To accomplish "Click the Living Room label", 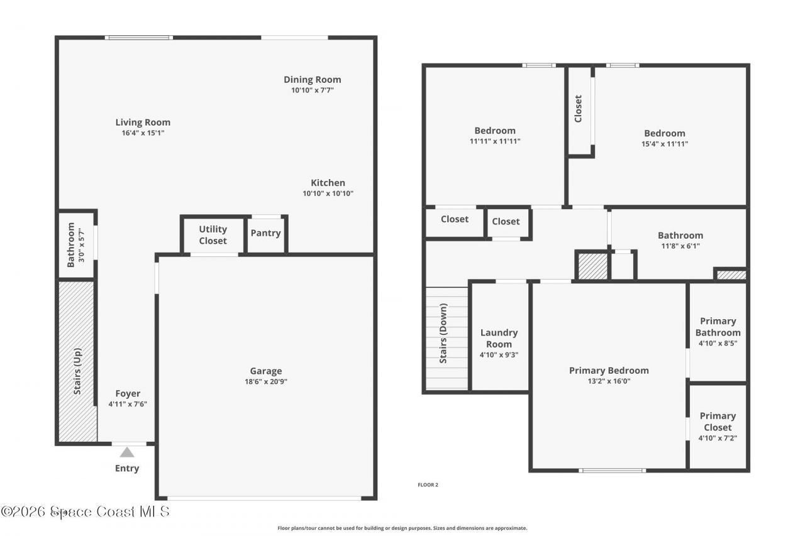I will (x=143, y=123).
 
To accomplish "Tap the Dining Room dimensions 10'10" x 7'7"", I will (x=312, y=90).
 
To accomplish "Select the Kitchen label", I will (x=328, y=183).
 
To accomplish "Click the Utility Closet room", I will (x=213, y=235).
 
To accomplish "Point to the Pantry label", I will (x=265, y=233).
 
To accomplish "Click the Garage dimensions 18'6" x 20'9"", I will (x=265, y=381).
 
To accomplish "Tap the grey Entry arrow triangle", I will (x=127, y=452).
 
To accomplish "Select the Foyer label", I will (x=128, y=394).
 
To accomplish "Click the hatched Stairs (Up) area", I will (x=77, y=362).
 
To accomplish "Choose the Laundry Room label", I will (x=499, y=338).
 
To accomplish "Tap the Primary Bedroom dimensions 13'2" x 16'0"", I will (x=608, y=381).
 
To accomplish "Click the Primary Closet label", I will (x=718, y=421).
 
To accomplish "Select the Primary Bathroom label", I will (x=718, y=327).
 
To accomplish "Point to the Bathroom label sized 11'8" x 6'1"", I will (x=680, y=236).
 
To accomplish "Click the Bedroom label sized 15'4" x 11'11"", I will (x=664, y=133).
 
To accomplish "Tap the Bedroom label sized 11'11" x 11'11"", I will (x=495, y=131).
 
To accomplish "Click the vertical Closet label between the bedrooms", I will (x=579, y=109).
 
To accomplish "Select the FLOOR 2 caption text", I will (x=428, y=484).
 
